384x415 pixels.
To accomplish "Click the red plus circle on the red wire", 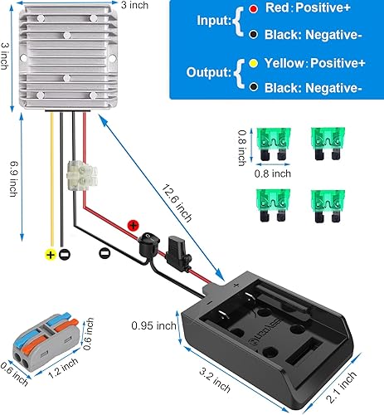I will coord(132,224).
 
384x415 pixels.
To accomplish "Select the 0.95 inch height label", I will coord(155,325).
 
